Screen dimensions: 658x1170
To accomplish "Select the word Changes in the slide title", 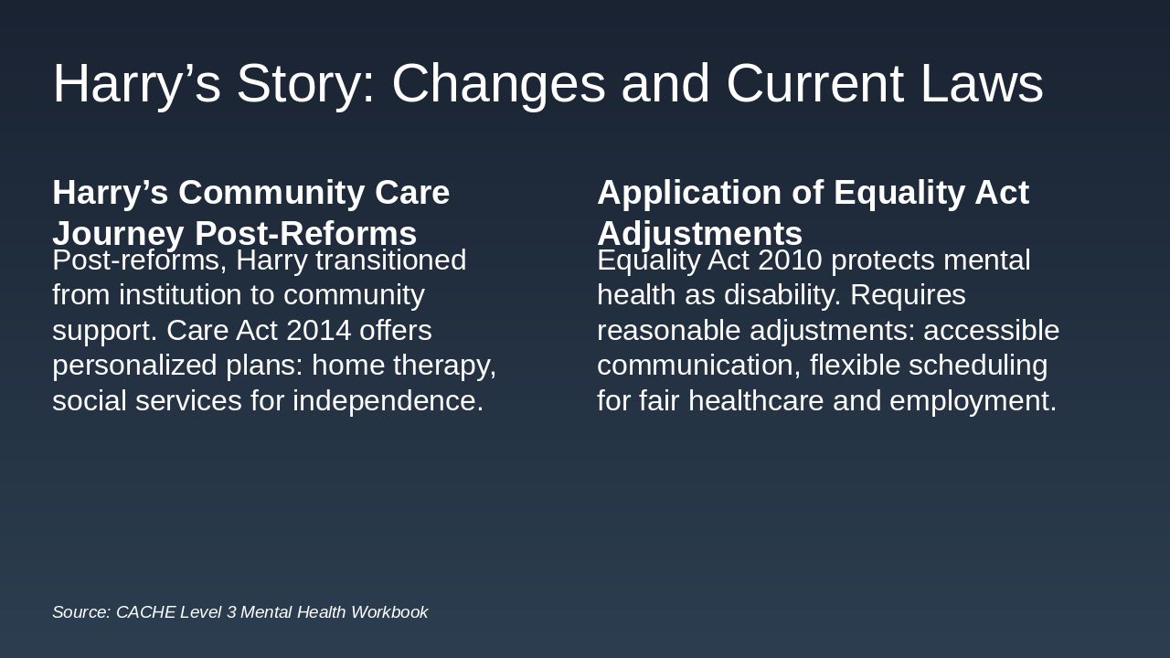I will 498,83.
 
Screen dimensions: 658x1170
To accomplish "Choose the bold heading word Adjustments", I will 699,234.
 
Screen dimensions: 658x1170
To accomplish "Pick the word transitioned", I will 390,260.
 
